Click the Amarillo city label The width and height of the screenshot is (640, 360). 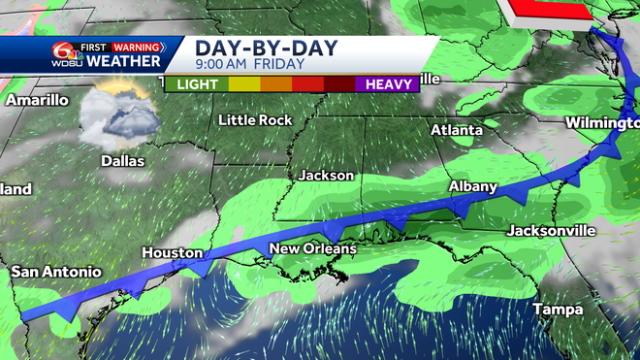coord(38,100)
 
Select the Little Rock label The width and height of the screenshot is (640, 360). coord(255,120)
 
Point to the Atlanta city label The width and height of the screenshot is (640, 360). coord(457,130)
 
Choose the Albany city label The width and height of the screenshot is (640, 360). coord(473,186)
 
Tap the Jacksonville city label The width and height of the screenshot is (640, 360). coord(551,231)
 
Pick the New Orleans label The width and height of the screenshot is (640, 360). coord(313,249)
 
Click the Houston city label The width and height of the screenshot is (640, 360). coord(173,252)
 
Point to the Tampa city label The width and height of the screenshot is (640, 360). coord(556,310)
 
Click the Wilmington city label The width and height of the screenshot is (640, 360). coord(603,123)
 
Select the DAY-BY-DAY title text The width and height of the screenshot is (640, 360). coord(255,48)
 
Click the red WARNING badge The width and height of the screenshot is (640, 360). coord(136,46)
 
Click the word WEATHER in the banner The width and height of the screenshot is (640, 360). coord(124,61)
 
